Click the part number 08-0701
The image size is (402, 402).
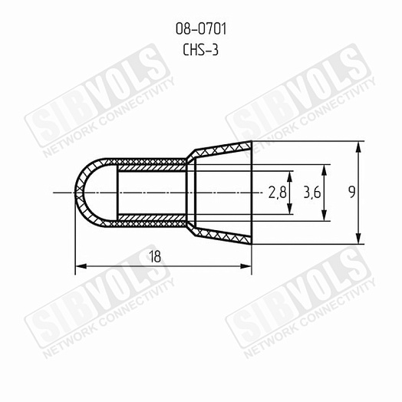(201, 28)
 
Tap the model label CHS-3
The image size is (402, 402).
(200, 50)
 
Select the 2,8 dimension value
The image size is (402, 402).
(277, 193)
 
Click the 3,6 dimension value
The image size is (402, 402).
(311, 193)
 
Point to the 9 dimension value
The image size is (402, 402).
(352, 192)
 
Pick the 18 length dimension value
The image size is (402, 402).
(155, 257)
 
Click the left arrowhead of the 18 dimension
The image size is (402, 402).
(81, 267)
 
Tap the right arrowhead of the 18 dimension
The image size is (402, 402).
(245, 267)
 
